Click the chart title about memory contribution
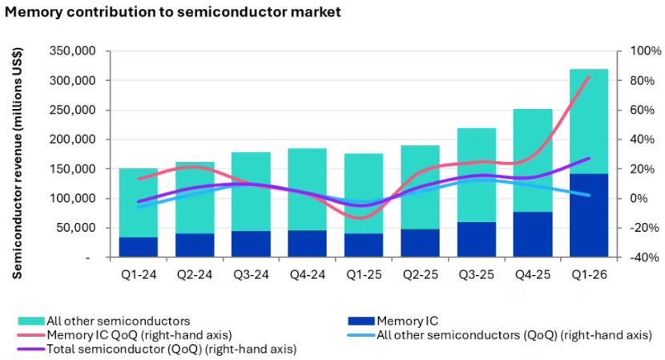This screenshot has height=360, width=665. (172, 12)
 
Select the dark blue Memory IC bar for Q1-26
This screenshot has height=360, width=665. (589, 215)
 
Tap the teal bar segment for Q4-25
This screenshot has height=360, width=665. (533, 160)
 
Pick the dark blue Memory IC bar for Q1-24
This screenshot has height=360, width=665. (139, 247)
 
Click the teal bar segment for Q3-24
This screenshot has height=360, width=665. (251, 192)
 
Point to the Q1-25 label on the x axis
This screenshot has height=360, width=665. (364, 275)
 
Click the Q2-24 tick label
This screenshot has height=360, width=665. (195, 275)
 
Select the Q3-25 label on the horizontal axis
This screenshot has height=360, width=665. (476, 275)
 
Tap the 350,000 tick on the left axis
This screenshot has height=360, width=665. (73, 51)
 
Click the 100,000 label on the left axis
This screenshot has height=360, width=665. (73, 198)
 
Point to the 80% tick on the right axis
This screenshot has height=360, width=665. (642, 81)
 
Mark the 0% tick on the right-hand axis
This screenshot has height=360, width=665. (639, 198)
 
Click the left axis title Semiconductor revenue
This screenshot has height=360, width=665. (17, 163)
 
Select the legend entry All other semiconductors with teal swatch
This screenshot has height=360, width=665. (104, 321)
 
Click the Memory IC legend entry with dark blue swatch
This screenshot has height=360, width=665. (393, 321)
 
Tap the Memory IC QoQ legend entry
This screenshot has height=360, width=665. (125, 335)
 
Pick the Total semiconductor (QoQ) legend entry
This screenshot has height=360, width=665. (157, 349)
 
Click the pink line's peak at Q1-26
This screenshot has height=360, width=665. (590, 77)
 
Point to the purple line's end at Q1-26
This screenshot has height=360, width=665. (590, 158)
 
